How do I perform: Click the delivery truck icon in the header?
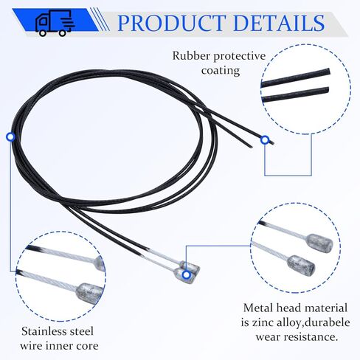pos(55,24)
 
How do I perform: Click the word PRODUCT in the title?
pos(172,23)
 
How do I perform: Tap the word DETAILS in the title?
pos(279,23)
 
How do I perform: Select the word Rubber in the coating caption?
pos(191,55)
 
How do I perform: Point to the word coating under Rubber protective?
pos(221,71)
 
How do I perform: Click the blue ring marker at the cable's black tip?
pos(265,140)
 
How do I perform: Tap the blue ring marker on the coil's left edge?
pos(10,137)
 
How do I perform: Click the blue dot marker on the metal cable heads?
pos(187,274)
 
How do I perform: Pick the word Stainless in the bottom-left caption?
pos(41,331)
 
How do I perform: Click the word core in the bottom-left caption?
pos(87,346)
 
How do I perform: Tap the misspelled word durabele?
pos(325,322)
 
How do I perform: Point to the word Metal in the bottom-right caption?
pos(258,308)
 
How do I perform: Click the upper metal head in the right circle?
pos(319,243)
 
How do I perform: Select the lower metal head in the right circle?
pos(301,264)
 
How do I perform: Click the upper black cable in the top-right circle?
pos(296,77)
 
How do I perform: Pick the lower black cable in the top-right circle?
pos(295,94)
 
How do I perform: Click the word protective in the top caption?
pos(240,56)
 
